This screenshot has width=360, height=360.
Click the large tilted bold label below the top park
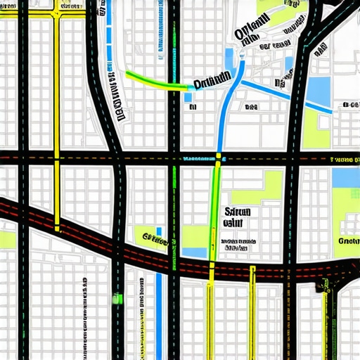(x=250, y=31)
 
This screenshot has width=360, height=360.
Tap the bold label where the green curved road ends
(x=212, y=82)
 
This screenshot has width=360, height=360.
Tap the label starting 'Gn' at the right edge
(x=348, y=240)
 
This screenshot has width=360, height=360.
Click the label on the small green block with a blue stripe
(x=150, y=238)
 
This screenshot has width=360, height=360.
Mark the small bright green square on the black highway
(x=117, y=298)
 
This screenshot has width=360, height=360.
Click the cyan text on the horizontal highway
(x=198, y=160)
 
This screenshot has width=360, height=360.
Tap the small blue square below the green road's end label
(x=190, y=98)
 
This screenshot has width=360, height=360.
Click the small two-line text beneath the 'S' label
(x=236, y=245)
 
